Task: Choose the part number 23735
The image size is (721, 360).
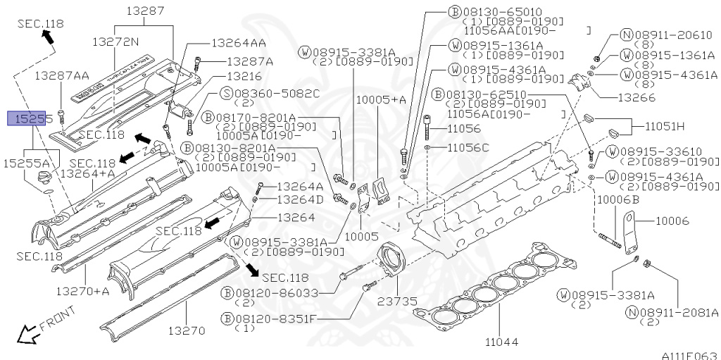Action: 398,302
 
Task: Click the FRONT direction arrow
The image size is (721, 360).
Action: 28,334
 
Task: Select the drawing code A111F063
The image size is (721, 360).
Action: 689,355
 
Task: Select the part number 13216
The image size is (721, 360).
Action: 244,76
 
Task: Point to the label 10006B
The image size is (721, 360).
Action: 617,200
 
